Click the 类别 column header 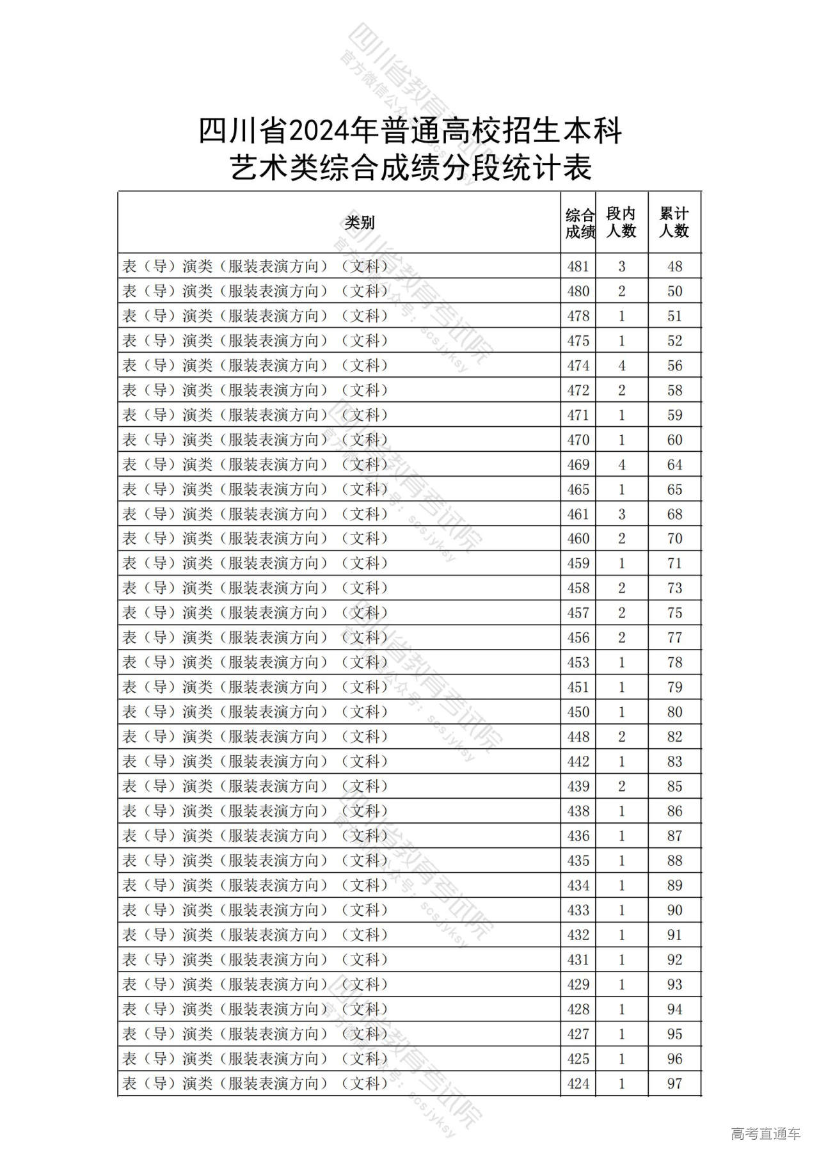click(x=359, y=223)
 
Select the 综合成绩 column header click(x=579, y=223)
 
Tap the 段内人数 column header click(x=621, y=222)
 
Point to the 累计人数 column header click(x=674, y=222)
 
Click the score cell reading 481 click(x=578, y=266)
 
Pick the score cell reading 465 click(x=578, y=490)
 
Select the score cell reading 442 click(x=578, y=762)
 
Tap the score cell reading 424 click(x=578, y=1083)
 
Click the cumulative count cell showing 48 click(x=674, y=266)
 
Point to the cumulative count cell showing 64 click(x=674, y=465)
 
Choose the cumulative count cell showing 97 click(x=674, y=1083)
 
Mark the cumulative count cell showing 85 click(x=674, y=787)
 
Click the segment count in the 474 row click(x=621, y=365)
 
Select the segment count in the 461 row click(x=621, y=514)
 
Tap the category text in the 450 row click(x=255, y=712)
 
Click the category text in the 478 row click(x=255, y=316)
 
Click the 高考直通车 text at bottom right click(x=765, y=1133)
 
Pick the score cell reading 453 click(x=578, y=662)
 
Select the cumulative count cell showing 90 click(x=674, y=910)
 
